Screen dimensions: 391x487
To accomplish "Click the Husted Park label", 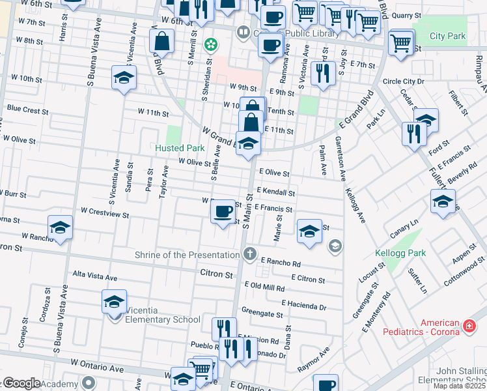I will click(180, 148).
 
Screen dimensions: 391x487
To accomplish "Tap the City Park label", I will click(447, 36).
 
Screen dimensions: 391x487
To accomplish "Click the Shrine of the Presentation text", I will click(188, 254).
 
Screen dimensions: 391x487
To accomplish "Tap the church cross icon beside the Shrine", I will click(249, 253).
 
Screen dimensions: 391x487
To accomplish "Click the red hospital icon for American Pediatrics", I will click(468, 325).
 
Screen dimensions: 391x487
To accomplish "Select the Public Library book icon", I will click(243, 31).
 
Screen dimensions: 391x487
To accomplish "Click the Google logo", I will click(21, 383).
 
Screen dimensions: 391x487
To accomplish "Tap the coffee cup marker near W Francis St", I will click(223, 210).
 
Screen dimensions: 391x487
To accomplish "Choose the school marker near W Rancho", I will click(60, 227).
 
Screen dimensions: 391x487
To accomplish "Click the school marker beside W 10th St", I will click(123, 78).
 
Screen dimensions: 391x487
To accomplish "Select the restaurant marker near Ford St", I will click(414, 134).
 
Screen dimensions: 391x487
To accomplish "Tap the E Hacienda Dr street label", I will click(303, 304).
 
